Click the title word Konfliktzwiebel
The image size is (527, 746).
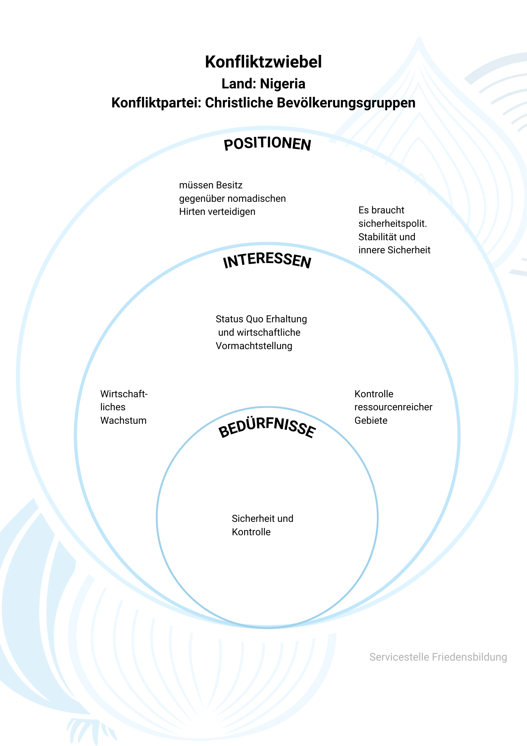(263, 62)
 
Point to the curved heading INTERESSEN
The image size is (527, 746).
(267, 261)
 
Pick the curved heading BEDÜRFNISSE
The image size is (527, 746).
(267, 429)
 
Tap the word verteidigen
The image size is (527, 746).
(232, 212)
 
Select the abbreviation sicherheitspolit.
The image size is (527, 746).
(393, 224)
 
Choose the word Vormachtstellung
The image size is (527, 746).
(254, 346)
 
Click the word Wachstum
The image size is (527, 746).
(123, 421)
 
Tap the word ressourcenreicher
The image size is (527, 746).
(393, 407)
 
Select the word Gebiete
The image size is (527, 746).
(371, 421)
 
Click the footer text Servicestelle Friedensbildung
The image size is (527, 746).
(438, 657)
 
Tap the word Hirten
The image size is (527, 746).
(193, 212)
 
